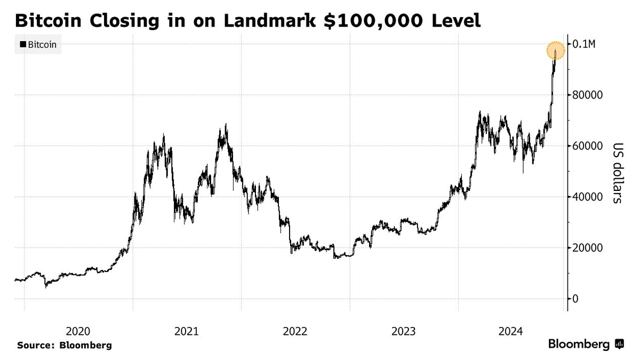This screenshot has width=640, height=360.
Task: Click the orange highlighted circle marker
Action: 556,51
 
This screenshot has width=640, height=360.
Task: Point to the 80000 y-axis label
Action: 587,95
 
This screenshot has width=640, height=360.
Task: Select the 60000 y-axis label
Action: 587,146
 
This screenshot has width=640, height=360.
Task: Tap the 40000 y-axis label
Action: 587,197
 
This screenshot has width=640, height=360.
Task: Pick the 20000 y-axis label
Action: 587,248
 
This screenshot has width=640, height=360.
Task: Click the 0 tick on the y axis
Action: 576,299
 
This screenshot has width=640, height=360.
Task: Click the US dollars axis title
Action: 617,173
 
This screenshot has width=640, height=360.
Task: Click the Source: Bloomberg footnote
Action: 65,345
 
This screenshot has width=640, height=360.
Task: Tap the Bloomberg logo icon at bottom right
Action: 620,345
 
